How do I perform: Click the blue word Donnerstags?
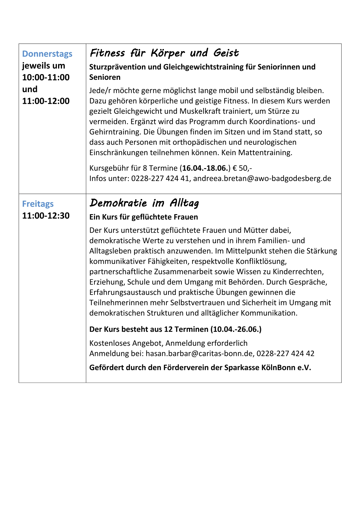47,54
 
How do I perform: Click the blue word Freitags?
38,204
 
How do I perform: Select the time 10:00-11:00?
46,77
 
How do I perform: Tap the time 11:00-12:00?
46,101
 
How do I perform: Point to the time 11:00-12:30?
46,216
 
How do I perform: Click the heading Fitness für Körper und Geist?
164,53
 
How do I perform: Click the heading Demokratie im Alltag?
144,203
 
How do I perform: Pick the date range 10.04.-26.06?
236,329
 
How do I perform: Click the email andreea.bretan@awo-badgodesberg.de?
262,178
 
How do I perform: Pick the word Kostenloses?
111,343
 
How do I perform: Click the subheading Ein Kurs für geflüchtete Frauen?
143,217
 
